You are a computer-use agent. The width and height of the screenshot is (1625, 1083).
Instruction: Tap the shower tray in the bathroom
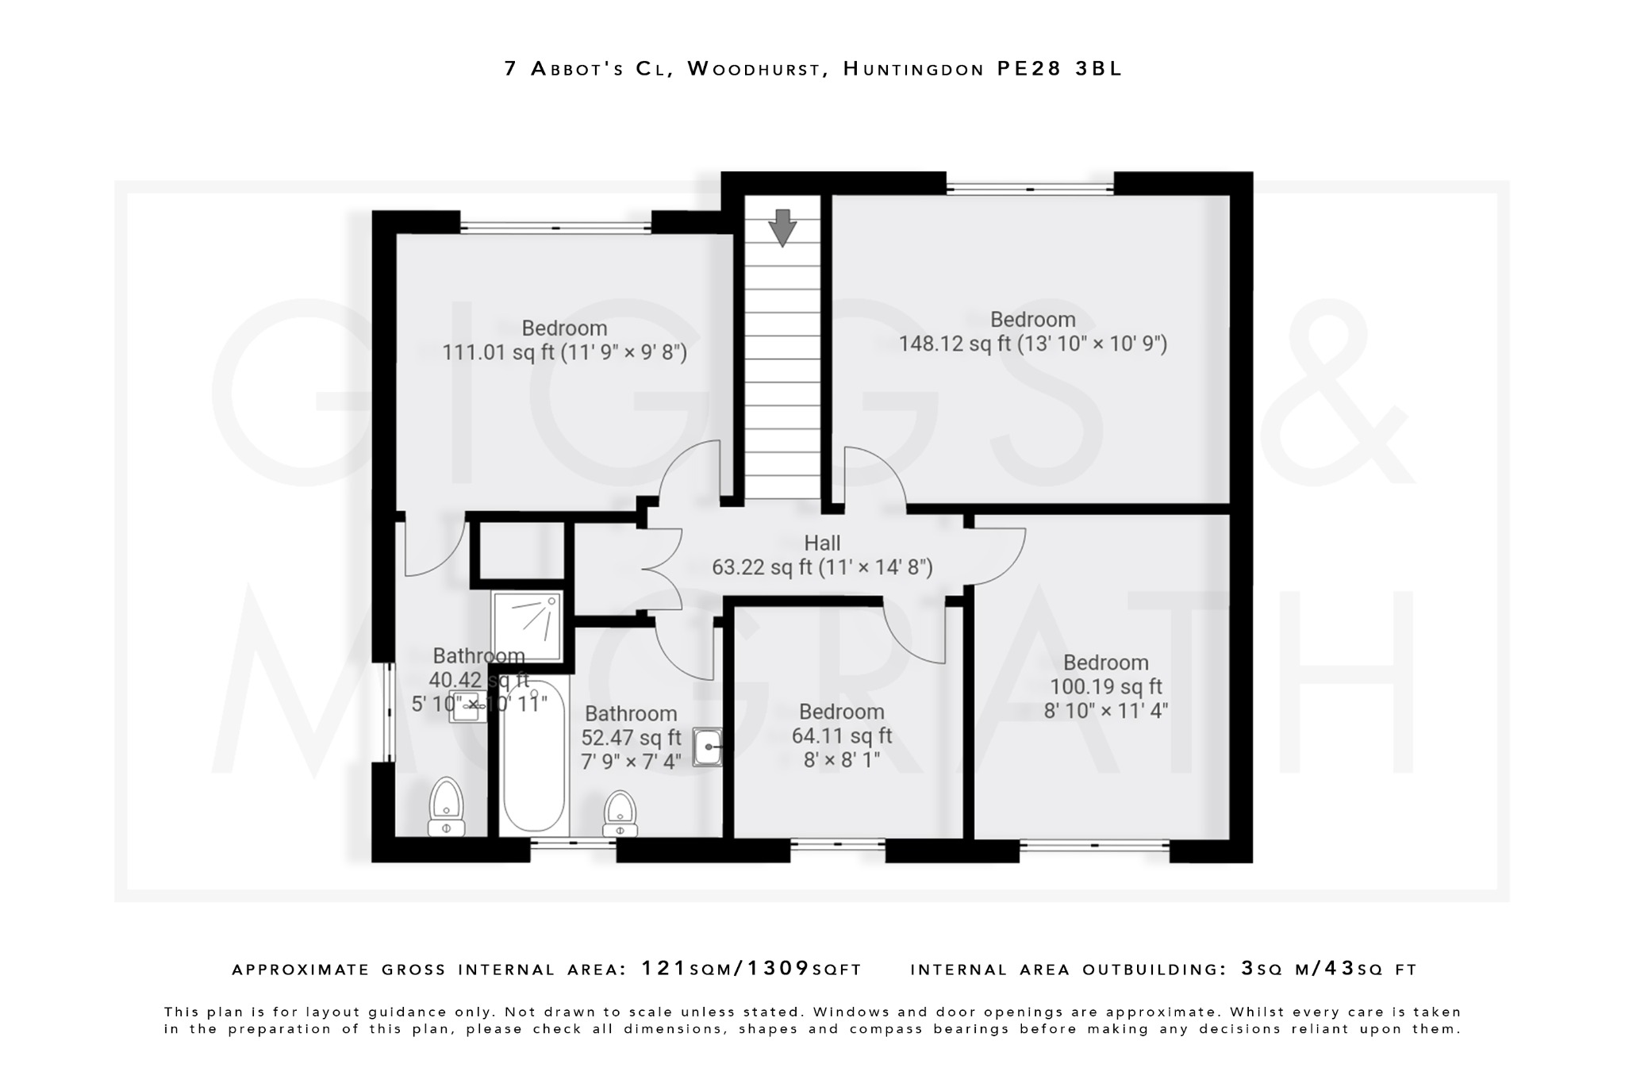point(527,626)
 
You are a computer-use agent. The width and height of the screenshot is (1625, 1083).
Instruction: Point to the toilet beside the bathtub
point(620,814)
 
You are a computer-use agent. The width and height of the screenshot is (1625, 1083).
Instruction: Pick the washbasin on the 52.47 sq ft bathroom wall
point(707,747)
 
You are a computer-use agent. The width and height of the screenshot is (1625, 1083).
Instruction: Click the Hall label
point(822,543)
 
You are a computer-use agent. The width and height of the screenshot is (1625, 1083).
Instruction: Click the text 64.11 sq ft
point(841,735)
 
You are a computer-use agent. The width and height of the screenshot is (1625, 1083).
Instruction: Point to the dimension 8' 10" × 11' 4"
point(1105,710)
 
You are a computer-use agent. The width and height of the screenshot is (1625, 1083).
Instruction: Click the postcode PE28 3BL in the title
point(1059,69)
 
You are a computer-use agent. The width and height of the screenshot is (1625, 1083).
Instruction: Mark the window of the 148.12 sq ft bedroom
point(1030,189)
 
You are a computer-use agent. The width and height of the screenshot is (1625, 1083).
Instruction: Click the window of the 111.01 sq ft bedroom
point(555,229)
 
